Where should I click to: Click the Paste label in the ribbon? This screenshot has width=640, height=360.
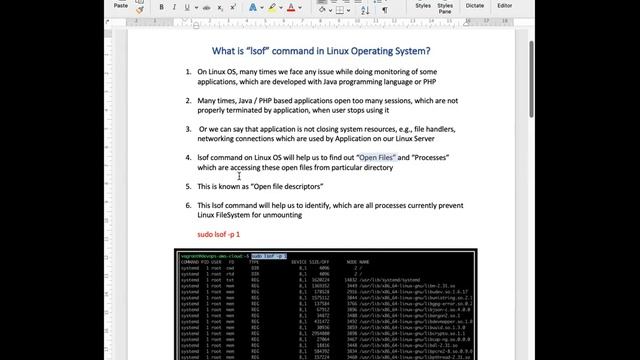(121, 5)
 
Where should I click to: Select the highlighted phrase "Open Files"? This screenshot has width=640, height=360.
(377, 158)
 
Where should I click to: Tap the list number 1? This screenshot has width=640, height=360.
(188, 73)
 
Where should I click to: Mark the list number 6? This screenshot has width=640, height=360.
(188, 205)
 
